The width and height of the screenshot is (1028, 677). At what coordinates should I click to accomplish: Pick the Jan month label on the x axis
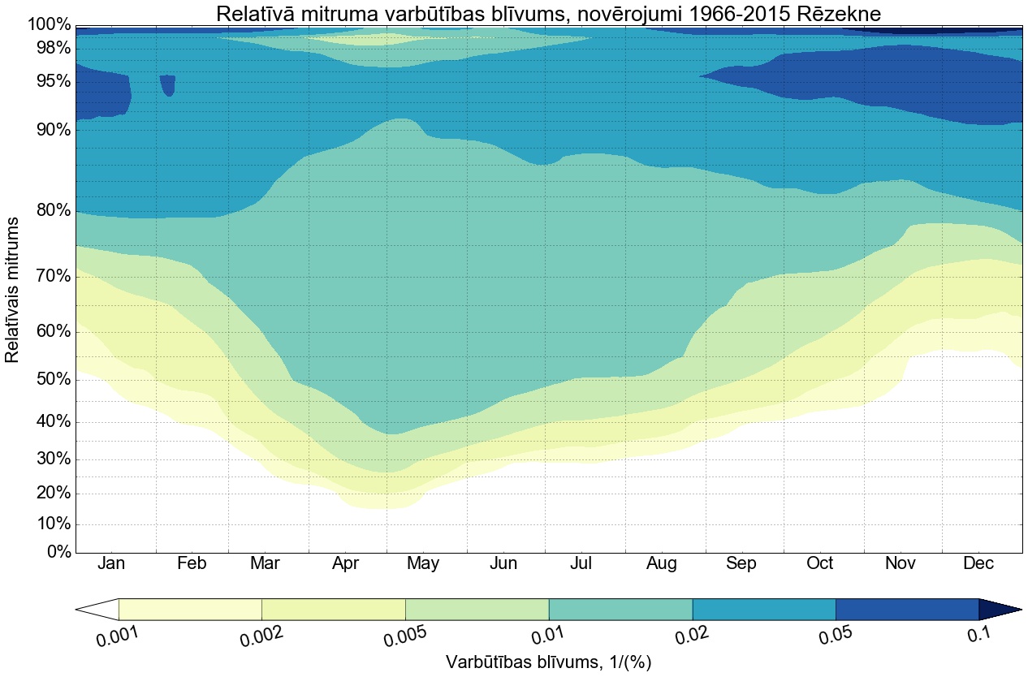click(112, 564)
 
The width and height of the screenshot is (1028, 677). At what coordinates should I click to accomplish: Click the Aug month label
click(662, 564)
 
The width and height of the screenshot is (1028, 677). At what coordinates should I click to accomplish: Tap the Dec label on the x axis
click(978, 564)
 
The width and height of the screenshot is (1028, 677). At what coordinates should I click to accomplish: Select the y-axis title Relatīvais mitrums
click(13, 289)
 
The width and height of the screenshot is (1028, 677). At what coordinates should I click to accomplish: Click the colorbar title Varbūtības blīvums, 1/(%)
click(549, 662)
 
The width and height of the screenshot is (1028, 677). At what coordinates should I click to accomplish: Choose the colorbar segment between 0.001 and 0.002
click(190, 609)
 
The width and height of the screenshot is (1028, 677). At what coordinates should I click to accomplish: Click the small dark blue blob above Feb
click(167, 84)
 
